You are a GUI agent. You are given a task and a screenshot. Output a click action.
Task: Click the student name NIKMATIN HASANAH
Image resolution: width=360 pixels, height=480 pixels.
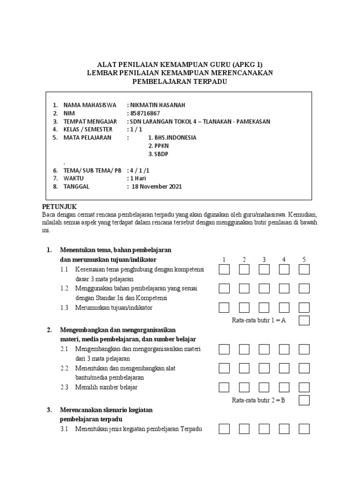154,105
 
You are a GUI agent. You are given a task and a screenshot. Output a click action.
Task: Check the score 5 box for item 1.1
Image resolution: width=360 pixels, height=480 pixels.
304,270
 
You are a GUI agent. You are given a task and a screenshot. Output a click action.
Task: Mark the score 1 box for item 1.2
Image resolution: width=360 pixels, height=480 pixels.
224,288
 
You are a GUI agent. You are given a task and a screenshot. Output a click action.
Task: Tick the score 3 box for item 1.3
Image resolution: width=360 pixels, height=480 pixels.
264,307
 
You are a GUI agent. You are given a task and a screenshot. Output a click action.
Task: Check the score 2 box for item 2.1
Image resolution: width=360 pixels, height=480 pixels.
244,349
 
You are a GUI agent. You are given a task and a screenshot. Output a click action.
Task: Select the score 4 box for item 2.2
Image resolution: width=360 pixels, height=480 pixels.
285,368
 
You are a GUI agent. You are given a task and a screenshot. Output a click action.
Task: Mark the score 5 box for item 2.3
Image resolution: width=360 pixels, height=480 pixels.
304,387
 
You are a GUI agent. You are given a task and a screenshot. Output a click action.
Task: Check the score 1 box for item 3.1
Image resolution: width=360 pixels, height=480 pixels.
224,429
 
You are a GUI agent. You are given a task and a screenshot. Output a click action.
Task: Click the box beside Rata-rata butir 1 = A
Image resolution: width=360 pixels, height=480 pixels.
304,321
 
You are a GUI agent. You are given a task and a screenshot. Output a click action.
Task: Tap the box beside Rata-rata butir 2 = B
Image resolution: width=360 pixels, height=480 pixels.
304,400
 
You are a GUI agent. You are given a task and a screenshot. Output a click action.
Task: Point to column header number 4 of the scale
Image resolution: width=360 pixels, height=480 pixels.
284,260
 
